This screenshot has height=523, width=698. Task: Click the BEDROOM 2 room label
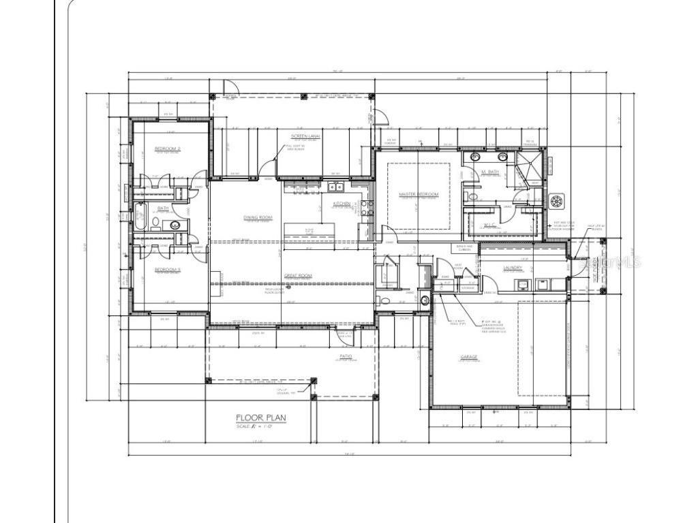click(x=167, y=148)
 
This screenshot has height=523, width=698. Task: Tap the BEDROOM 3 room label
click(x=167, y=270)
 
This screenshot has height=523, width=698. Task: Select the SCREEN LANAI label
click(x=305, y=136)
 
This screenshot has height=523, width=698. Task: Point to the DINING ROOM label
click(x=258, y=218)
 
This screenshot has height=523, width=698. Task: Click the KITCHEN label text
click(x=342, y=204)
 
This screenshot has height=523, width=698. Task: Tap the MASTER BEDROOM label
click(x=419, y=195)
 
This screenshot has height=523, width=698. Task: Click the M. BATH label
click(x=490, y=172)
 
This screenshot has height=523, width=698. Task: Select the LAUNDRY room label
click(x=513, y=268)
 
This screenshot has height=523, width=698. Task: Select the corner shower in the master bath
click(x=529, y=167)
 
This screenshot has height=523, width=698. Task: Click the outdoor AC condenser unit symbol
click(x=558, y=202)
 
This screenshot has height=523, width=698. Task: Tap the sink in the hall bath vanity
click(x=175, y=225)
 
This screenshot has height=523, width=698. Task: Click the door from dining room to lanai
click(x=267, y=168)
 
